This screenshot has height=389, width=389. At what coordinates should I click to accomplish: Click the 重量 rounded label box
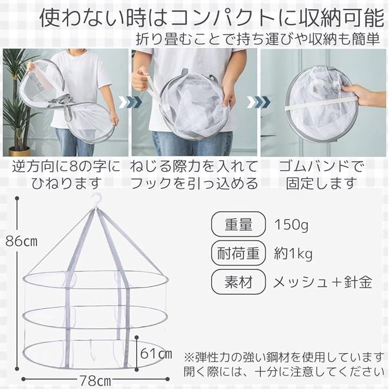click(x=238, y=224)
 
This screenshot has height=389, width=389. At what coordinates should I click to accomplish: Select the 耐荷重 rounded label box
click(x=238, y=253)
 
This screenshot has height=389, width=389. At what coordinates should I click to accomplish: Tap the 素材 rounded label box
click(x=238, y=282)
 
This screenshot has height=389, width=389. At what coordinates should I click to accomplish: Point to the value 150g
click(x=291, y=225)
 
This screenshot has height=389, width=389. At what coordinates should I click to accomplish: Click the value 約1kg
click(x=293, y=254)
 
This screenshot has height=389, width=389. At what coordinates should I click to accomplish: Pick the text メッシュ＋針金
click(x=323, y=282)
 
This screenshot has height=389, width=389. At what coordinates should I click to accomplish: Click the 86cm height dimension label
click(x=22, y=241)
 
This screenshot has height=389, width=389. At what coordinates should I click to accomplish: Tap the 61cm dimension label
click(x=156, y=353)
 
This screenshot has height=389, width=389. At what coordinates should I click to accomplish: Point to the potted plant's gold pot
click(x=19, y=151)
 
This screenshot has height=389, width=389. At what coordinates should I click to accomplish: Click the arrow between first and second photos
click(x=130, y=102)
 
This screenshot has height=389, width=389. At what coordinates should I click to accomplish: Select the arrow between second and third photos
click(x=258, y=102)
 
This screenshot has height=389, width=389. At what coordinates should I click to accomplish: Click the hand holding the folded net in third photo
click(x=364, y=94)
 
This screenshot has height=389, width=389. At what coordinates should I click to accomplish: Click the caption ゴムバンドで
click(x=321, y=166)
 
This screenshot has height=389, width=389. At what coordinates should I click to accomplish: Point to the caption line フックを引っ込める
click(x=194, y=183)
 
